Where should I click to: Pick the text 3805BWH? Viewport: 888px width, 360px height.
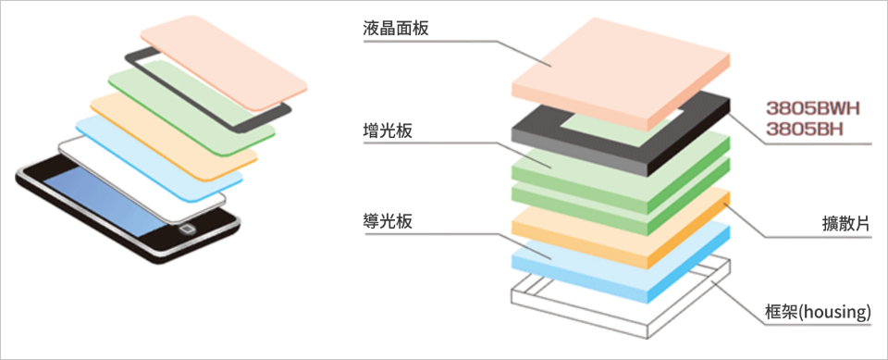[x=813, y=107]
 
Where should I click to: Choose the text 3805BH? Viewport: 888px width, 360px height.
[x=804, y=129]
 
